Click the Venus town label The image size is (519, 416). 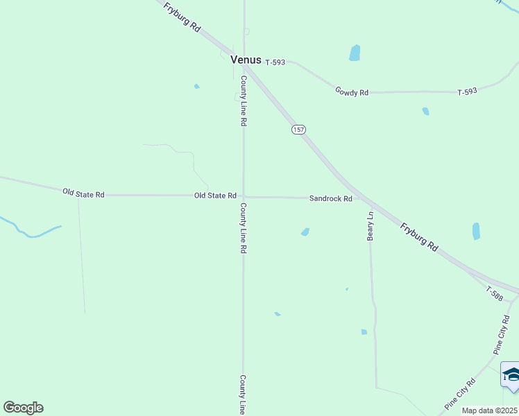246,60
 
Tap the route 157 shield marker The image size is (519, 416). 298,130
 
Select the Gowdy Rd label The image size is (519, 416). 351,92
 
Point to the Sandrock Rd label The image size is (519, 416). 331,198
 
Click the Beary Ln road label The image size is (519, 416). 371,226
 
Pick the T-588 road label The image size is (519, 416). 494,293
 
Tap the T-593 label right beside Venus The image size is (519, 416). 275,62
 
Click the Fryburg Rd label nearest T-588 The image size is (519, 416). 420,236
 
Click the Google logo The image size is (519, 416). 23,408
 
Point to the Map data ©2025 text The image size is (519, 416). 490,410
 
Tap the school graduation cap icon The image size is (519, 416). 511,376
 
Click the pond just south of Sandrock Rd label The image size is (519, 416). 305,232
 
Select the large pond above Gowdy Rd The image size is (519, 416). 355,53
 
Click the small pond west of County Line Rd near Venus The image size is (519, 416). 197,87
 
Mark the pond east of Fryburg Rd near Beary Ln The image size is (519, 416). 476,231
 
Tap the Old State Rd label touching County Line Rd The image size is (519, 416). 216,196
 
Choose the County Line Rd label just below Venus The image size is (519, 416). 244,101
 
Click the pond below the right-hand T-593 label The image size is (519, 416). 425,111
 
